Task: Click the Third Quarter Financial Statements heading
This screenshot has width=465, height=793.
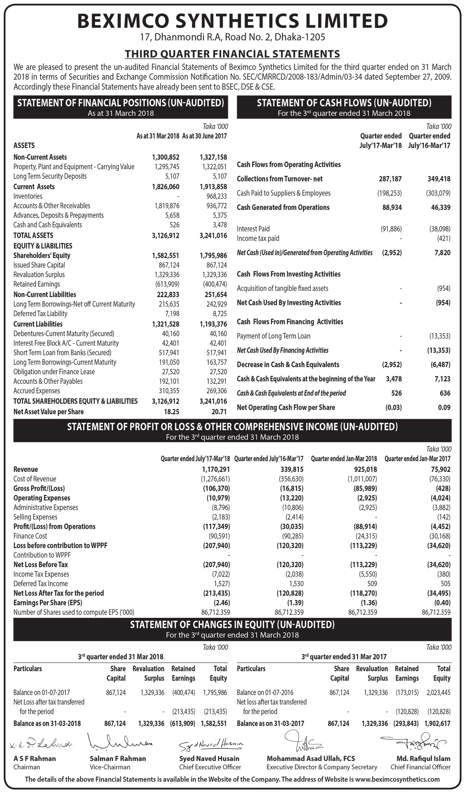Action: pos(232,54)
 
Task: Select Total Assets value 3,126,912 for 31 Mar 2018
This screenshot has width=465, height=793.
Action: pos(165,235)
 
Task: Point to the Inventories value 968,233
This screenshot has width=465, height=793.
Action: pos(217,196)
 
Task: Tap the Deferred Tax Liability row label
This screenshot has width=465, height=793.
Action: pos(40,313)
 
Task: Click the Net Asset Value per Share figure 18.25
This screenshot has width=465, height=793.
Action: pos(171,412)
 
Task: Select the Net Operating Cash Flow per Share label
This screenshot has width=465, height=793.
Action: pos(286,407)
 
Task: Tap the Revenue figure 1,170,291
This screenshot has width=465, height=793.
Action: pos(216,469)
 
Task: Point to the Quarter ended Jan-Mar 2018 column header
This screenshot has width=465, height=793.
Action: pos(344,459)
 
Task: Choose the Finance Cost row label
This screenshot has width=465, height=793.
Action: pos(30,536)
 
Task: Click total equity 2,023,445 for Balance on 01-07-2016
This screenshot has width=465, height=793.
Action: pos(438,692)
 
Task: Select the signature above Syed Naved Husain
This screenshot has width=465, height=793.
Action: pos(211,745)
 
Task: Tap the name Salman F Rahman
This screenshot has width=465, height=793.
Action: pos(118,759)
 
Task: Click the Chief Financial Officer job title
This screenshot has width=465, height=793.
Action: pos(420,767)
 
